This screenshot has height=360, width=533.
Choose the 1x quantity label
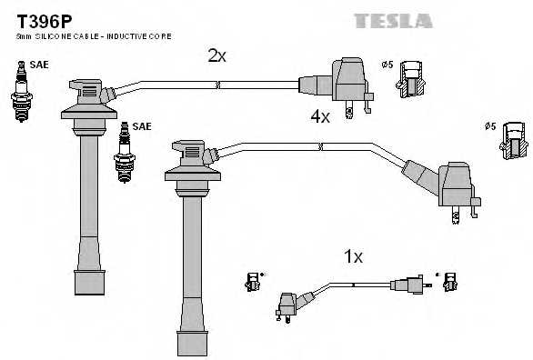(353, 257)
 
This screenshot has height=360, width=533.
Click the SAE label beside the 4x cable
(142, 126)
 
